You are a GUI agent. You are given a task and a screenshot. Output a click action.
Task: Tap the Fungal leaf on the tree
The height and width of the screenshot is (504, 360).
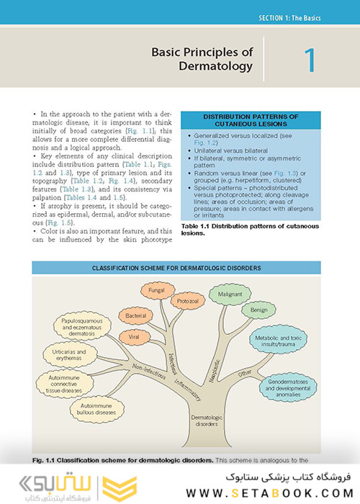point(157,291)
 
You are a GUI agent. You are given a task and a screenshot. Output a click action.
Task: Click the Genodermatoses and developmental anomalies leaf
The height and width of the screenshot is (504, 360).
point(288,386)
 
